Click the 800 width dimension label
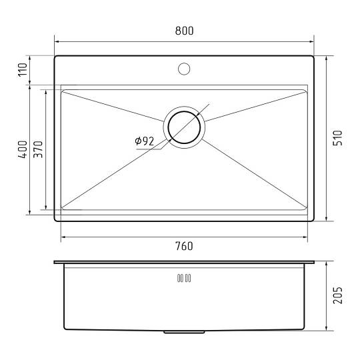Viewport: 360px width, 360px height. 184,31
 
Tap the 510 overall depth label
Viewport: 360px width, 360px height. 338,138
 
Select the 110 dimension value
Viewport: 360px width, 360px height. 23,70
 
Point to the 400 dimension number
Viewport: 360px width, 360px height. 23,149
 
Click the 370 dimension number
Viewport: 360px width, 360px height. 38,149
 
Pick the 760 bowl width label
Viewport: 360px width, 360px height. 184,246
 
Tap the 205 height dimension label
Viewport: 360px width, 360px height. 338,295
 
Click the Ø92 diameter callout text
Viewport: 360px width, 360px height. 145,141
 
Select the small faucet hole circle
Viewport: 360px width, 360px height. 184,69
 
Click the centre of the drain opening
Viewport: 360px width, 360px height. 184,127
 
